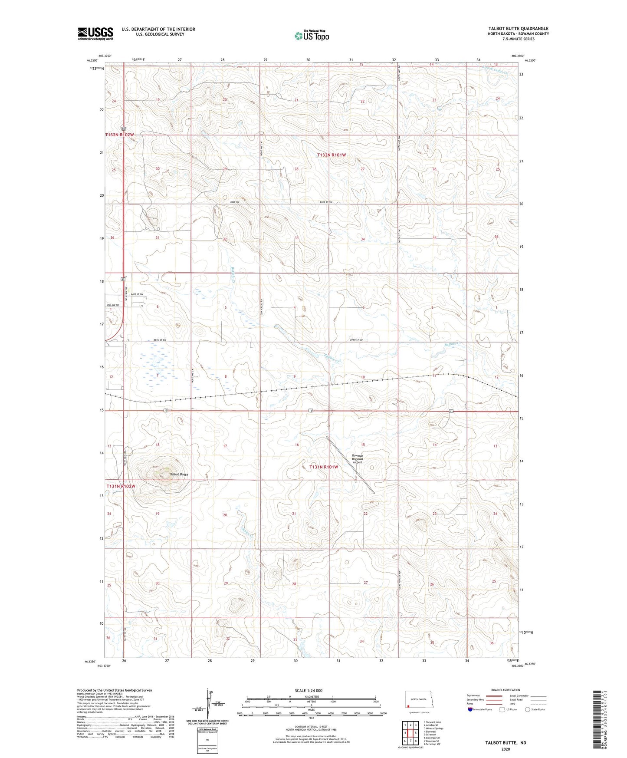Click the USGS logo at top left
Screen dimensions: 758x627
pyautogui.click(x=95, y=33)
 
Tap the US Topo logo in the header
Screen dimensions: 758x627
pyautogui.click(x=312, y=36)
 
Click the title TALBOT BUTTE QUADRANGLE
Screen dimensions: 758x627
pyautogui.click(x=518, y=29)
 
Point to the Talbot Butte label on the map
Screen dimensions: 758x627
pyautogui.click(x=179, y=475)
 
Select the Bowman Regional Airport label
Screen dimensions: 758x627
pyautogui.click(x=357, y=459)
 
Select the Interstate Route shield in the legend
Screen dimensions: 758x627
pyautogui.click(x=471, y=709)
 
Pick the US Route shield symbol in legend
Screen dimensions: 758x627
pyautogui.click(x=502, y=709)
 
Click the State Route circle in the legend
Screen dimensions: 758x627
pyautogui.click(x=528, y=709)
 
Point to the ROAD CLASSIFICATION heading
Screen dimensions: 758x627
pyautogui.click(x=506, y=690)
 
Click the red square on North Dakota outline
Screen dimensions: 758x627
pyautogui.click(x=408, y=706)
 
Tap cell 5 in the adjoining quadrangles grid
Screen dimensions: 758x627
pyautogui.click(x=416, y=733)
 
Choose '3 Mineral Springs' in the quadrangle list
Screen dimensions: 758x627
pyautogui.click(x=434, y=728)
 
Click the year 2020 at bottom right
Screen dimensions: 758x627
pyautogui.click(x=506, y=749)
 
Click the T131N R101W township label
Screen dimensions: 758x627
pyautogui.click(x=324, y=467)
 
